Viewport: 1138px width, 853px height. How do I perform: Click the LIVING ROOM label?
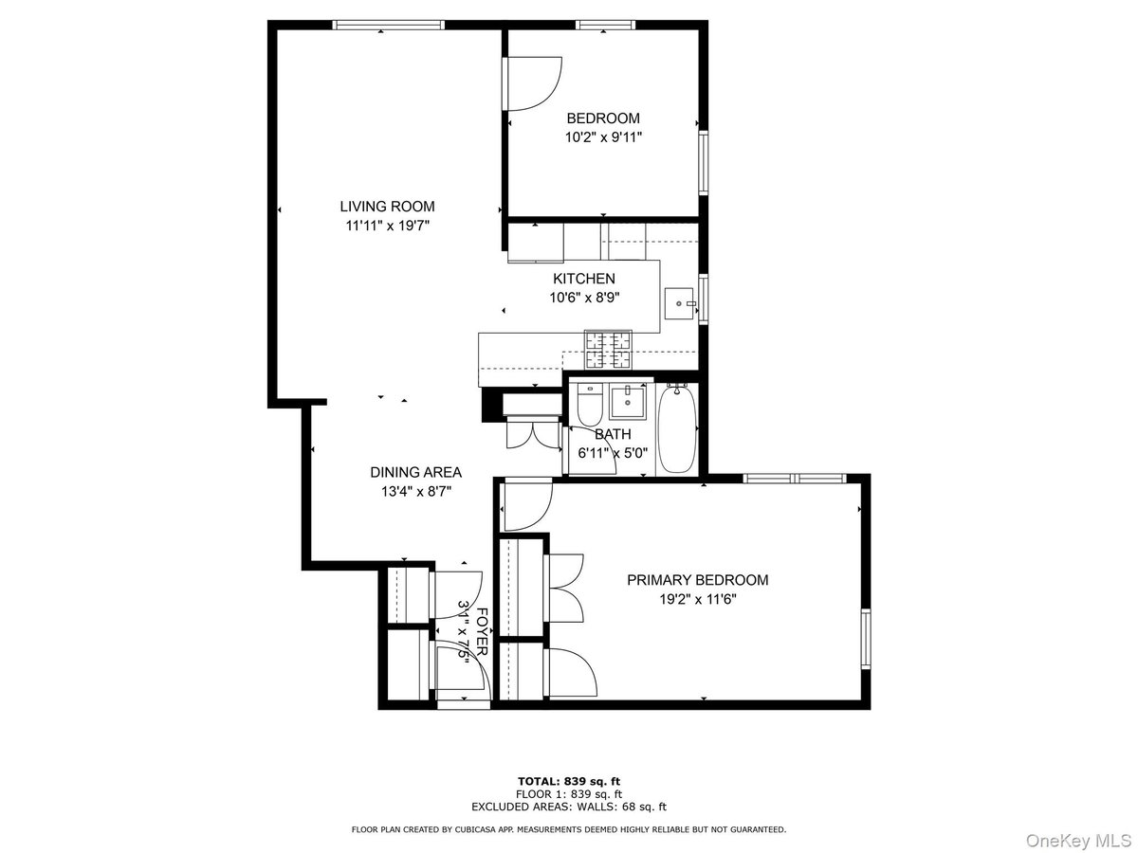tap(387, 207)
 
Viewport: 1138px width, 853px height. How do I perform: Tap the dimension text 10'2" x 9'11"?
tap(603, 137)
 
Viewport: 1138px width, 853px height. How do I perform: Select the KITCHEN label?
tap(584, 279)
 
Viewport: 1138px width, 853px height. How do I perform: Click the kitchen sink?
tap(679, 303)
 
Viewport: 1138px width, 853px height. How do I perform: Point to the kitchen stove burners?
tap(608, 349)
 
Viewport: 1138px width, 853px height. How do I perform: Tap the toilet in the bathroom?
tap(590, 405)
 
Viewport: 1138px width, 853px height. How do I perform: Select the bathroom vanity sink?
tap(628, 402)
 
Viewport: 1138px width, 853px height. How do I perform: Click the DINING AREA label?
tap(415, 472)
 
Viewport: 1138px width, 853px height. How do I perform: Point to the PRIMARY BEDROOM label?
tap(698, 580)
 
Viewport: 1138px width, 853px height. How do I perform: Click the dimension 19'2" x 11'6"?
tap(698, 600)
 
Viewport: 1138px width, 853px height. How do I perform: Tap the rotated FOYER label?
tap(482, 631)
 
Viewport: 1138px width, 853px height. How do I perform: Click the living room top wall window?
tap(388, 25)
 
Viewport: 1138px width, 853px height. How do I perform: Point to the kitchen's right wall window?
tap(704, 299)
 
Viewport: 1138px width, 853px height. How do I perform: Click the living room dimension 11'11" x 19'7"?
tap(388, 227)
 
